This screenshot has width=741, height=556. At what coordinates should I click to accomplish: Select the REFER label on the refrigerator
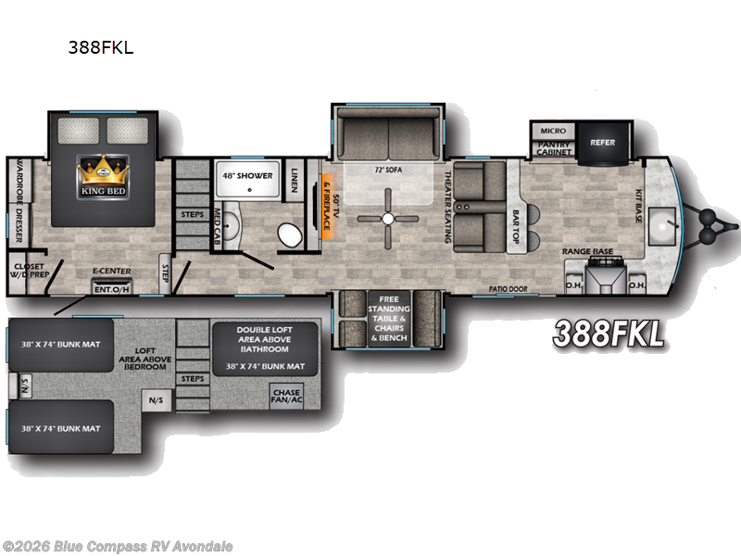tap(602, 142)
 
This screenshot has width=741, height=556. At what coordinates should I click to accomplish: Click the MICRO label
tap(554, 131)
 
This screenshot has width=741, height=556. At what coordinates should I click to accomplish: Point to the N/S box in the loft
tap(155, 400)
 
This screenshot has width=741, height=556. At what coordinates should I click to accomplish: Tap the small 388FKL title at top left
tap(102, 48)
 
